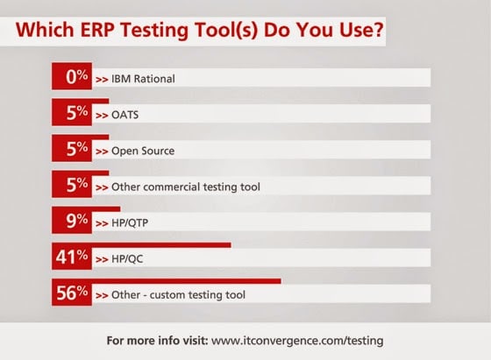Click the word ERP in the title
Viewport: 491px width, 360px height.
pyautogui.click(x=97, y=30)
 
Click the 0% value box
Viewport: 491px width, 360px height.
pyautogui.click(x=72, y=76)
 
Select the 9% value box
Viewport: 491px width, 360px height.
pyautogui.click(x=72, y=220)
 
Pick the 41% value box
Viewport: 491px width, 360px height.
pyautogui.click(x=72, y=256)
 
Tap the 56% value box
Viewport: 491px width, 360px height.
pyautogui.click(x=72, y=292)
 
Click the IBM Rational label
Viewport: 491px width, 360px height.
pyautogui.click(x=143, y=79)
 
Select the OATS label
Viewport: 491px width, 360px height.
pyautogui.click(x=125, y=115)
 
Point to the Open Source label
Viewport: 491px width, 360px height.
pyautogui.click(x=143, y=151)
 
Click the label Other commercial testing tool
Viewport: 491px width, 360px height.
pyautogui.click(x=186, y=187)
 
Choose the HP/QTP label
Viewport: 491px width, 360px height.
pyautogui.click(x=130, y=223)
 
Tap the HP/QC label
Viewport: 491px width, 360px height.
pyautogui.click(x=127, y=259)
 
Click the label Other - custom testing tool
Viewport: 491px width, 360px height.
pyautogui.click(x=178, y=295)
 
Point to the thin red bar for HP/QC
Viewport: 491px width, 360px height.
pyautogui.click(x=161, y=245)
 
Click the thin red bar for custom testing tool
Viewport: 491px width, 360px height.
pyautogui.click(x=187, y=281)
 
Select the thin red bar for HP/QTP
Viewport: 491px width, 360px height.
pyautogui.click(x=106, y=209)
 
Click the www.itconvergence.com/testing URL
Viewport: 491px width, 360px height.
pyautogui.click(x=297, y=341)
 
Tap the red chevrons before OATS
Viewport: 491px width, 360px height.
pyautogui.click(x=102, y=116)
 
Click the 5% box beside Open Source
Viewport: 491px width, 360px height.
pyautogui.click(x=72, y=148)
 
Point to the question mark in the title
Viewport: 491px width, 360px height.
pyautogui.click(x=378, y=30)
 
